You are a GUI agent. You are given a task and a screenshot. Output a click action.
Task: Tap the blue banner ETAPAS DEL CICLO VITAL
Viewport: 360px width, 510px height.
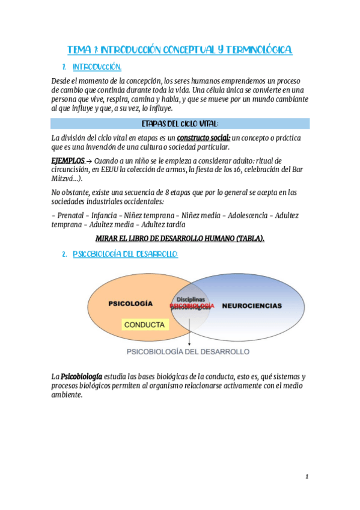pos(180,123)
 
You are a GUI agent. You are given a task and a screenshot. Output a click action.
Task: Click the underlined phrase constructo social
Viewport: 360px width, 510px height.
pos(204,138)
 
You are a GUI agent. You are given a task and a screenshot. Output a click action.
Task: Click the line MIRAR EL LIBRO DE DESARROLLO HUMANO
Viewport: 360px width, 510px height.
pos(180,238)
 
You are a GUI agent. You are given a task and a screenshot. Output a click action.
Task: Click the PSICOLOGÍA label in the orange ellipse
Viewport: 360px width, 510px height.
pos(130,304)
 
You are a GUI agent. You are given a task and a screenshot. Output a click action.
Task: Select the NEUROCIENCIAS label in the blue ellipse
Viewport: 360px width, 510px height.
pos(252,306)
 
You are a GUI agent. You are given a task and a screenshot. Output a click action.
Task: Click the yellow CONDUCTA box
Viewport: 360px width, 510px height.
pos(144,324)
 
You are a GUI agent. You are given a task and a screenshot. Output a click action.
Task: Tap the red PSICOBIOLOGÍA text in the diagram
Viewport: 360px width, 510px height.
pos(192,306)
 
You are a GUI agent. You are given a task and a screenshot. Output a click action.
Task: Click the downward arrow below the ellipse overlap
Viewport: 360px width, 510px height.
pos(190,334)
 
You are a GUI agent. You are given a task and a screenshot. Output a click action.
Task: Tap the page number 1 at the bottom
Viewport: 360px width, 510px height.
pos(307,477)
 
